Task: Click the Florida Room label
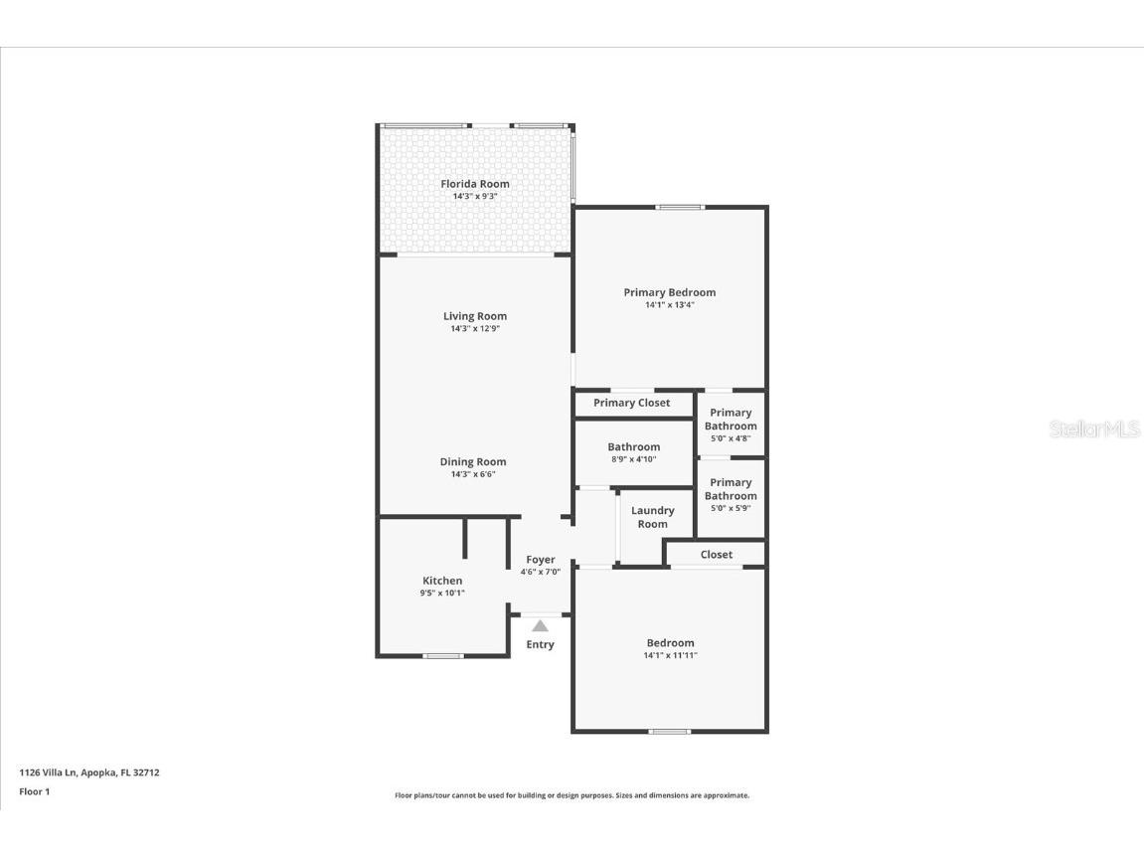click(475, 184)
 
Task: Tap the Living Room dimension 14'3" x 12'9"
click(475, 328)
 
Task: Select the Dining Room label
click(473, 461)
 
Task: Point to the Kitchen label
click(442, 581)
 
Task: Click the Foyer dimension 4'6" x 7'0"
click(541, 572)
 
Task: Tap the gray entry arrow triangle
click(540, 626)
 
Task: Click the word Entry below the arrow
click(540, 644)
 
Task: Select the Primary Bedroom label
click(669, 292)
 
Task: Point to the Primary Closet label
click(631, 403)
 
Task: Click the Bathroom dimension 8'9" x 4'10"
click(633, 459)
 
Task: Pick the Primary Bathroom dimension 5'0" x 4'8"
click(731, 438)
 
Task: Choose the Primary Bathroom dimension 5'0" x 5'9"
click(731, 508)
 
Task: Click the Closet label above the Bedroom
click(716, 555)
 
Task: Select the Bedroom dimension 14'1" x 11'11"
click(670, 655)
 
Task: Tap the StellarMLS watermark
click(1094, 429)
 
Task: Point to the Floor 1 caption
click(34, 791)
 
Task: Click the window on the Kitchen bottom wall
click(442, 656)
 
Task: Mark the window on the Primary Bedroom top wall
click(680, 207)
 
